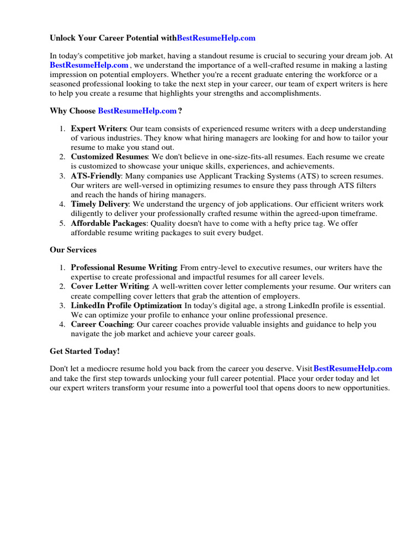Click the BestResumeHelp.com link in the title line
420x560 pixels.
coord(216,38)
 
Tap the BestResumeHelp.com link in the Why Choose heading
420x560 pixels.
coord(137,111)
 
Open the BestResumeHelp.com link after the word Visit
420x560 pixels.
coord(353,369)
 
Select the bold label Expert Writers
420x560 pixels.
coord(98,129)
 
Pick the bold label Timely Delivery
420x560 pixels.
coord(100,204)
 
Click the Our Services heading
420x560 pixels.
coord(73,250)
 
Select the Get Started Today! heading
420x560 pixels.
coord(84,351)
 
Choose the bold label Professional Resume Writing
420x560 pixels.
coord(124,267)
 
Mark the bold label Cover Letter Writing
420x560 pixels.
coord(109,287)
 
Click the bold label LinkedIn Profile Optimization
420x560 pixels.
coord(126,305)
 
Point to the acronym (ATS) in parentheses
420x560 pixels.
coord(297,176)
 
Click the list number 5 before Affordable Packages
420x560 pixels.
coord(62,223)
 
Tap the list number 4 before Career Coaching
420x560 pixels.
coord(62,324)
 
